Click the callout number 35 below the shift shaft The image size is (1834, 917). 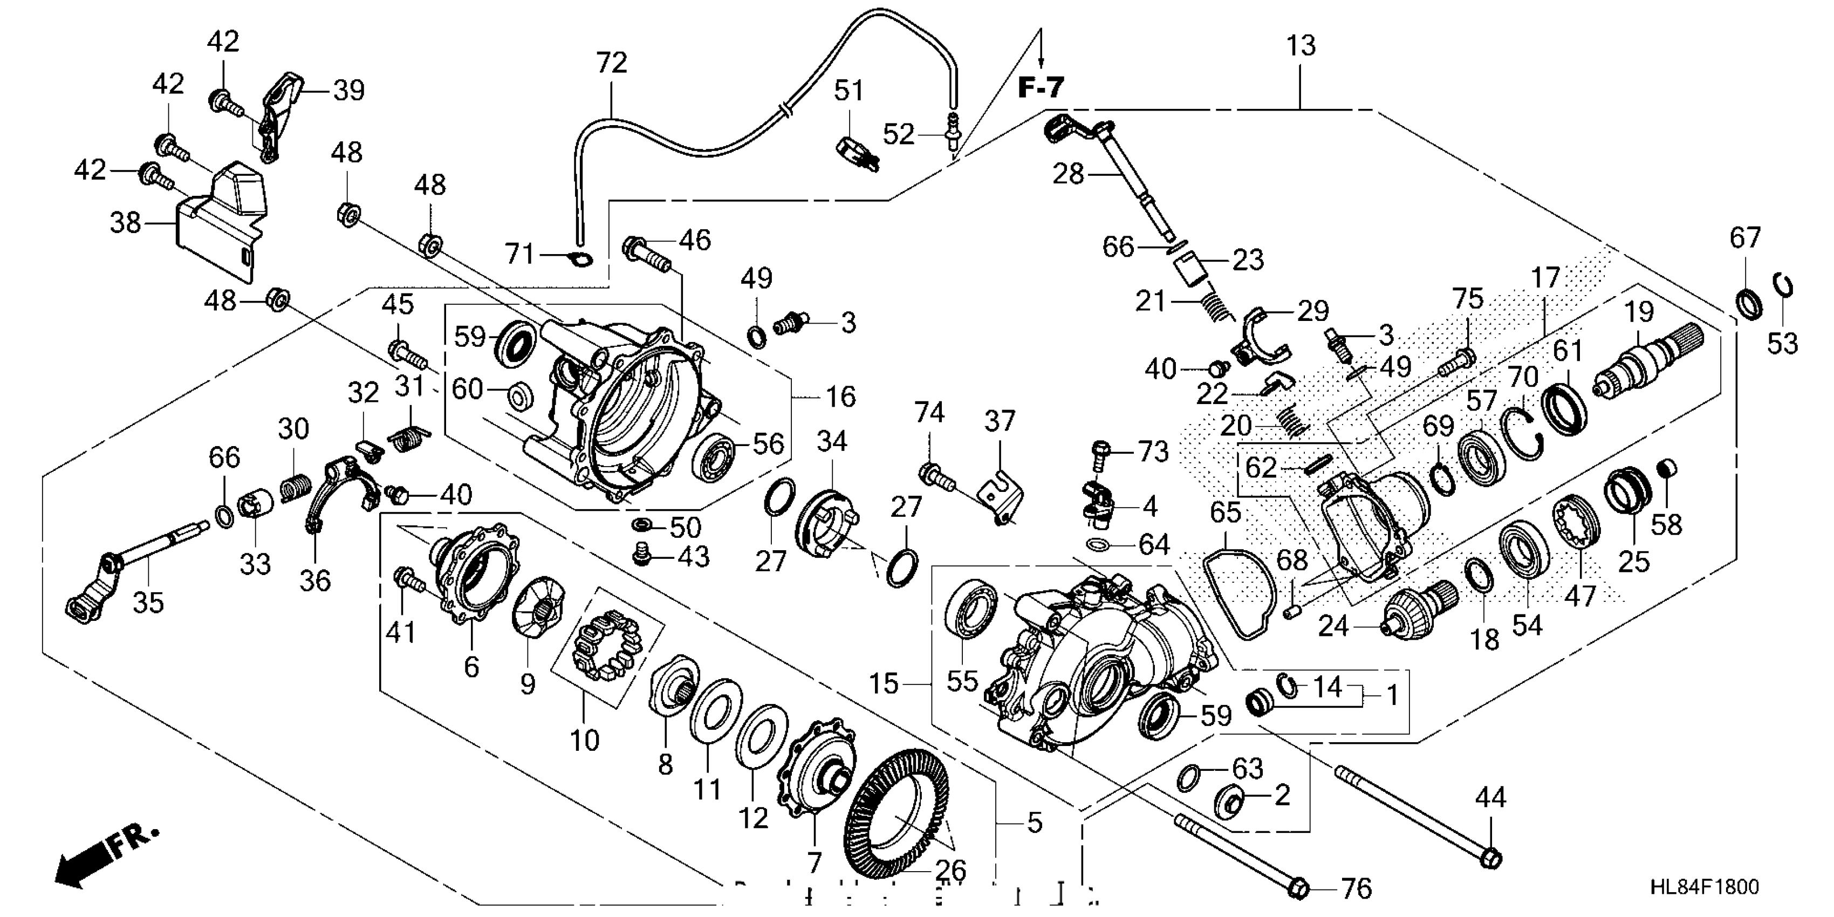click(x=148, y=603)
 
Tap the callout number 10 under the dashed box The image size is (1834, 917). click(x=585, y=741)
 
